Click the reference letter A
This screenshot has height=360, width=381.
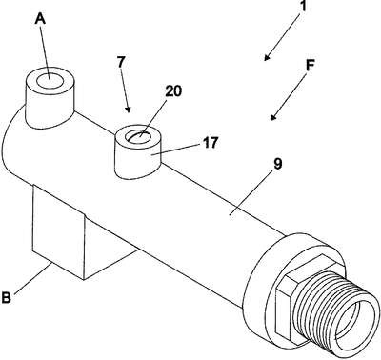click(40, 19)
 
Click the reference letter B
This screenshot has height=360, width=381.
click(7, 298)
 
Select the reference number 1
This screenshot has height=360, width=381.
click(303, 6)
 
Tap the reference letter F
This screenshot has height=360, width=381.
click(310, 66)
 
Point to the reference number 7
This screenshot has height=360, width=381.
click(121, 62)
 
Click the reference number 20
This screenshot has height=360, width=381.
click(173, 91)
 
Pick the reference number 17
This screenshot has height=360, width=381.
click(211, 143)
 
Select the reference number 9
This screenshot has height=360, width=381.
click(277, 164)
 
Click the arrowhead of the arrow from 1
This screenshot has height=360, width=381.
click(267, 57)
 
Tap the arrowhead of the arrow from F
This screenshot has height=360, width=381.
click(273, 118)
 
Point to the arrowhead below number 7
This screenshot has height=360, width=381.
click(128, 110)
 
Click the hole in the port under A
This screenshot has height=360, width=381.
click(50, 81)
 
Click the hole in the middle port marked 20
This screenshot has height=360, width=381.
click(138, 136)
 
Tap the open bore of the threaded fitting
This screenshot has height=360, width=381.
click(355, 321)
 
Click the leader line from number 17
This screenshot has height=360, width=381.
click(175, 150)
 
